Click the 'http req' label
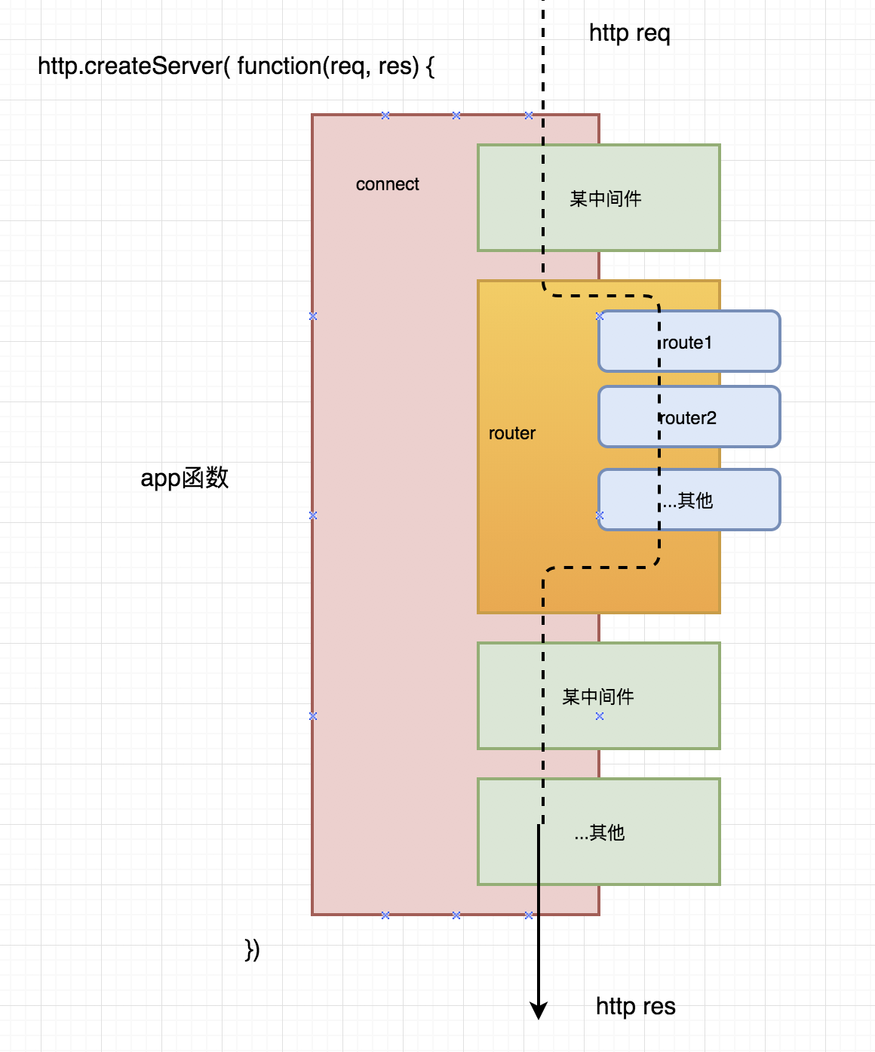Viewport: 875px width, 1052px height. (x=629, y=33)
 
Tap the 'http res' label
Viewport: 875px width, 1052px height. (x=635, y=1006)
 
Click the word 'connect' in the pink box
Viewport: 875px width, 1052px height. (x=387, y=184)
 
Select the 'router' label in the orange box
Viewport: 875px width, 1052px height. (x=511, y=433)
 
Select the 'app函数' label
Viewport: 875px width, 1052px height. (x=184, y=478)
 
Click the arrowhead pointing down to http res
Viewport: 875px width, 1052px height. (x=538, y=1010)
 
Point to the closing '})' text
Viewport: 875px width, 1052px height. (x=252, y=949)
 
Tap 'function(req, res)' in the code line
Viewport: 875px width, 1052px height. (x=327, y=66)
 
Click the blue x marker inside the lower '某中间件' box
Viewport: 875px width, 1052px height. (x=600, y=716)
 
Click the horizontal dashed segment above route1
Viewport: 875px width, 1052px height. (x=600, y=296)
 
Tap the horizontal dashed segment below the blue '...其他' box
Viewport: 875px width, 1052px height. (x=600, y=568)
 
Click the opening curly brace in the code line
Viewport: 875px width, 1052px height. (x=430, y=66)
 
